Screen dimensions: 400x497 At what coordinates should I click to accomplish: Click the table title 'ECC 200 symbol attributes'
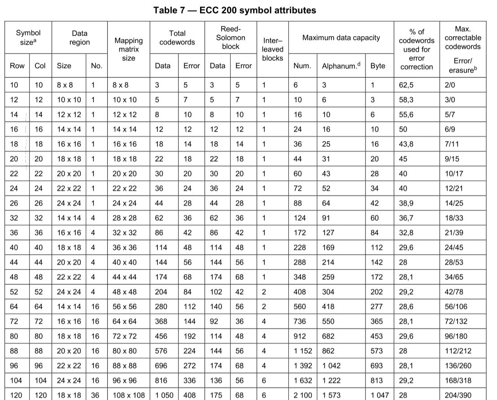pyautogui.click(x=235, y=10)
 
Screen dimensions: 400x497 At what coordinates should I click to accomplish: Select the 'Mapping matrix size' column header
pyautogui.click(x=129, y=49)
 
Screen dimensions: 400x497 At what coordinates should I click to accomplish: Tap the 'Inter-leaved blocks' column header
pyautogui.click(x=272, y=49)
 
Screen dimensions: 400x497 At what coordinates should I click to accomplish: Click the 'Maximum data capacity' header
pyautogui.click(x=341, y=38)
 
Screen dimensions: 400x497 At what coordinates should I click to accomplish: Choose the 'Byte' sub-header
pyautogui.click(x=378, y=66)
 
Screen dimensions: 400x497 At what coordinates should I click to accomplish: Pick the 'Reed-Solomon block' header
pyautogui.click(x=231, y=38)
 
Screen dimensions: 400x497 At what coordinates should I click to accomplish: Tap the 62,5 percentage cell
pyautogui.click(x=406, y=85)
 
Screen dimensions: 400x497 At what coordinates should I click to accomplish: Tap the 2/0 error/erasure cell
pyautogui.click(x=449, y=85)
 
